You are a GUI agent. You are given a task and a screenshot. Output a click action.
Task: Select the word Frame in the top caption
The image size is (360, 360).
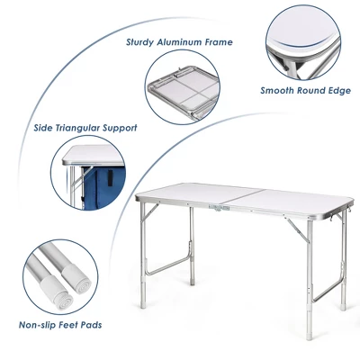(x=219, y=41)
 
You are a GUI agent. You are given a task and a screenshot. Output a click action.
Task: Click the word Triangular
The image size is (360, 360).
(x=84, y=127)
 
